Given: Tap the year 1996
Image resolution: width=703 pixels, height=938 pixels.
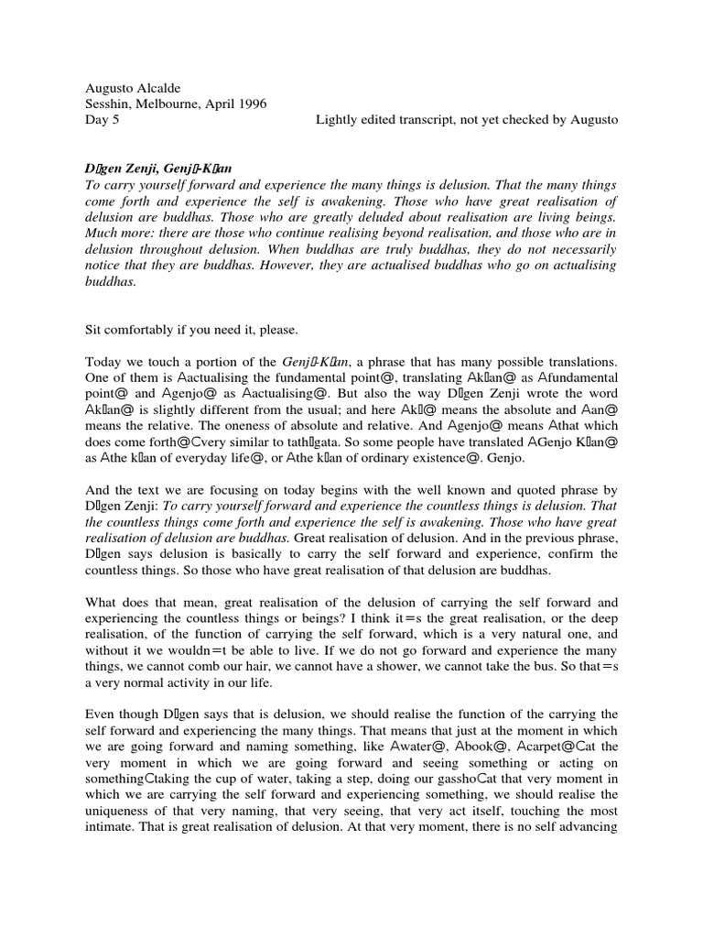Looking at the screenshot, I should pyautogui.click(x=249, y=104).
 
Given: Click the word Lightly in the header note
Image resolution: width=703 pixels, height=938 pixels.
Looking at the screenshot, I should pyautogui.click(x=337, y=120).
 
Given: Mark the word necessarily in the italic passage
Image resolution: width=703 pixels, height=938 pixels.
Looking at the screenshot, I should pyautogui.click(x=575, y=249).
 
